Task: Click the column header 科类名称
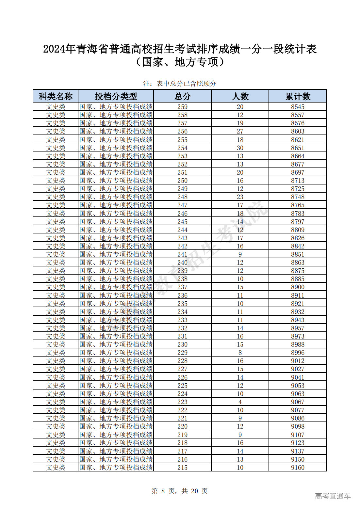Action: tap(56, 96)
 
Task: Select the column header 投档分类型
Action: tap(116, 96)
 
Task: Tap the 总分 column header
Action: tap(182, 96)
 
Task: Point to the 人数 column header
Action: tap(240, 96)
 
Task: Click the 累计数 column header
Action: tap(298, 96)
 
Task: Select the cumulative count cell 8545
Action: tap(298, 107)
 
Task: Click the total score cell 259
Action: tap(182, 107)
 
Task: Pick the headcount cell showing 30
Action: tap(240, 148)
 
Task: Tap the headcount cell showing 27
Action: tap(240, 131)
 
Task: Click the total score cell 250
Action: tap(182, 181)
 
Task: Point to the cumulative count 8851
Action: tap(298, 254)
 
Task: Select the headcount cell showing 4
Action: tap(240, 402)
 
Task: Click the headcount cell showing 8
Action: tap(240, 353)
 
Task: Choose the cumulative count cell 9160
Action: tap(298, 468)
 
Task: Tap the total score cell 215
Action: tap(182, 468)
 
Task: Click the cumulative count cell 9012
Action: tap(298, 361)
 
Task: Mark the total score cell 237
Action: tap(182, 287)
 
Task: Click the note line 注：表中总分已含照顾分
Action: tap(180, 84)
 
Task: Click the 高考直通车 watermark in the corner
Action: tap(333, 496)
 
